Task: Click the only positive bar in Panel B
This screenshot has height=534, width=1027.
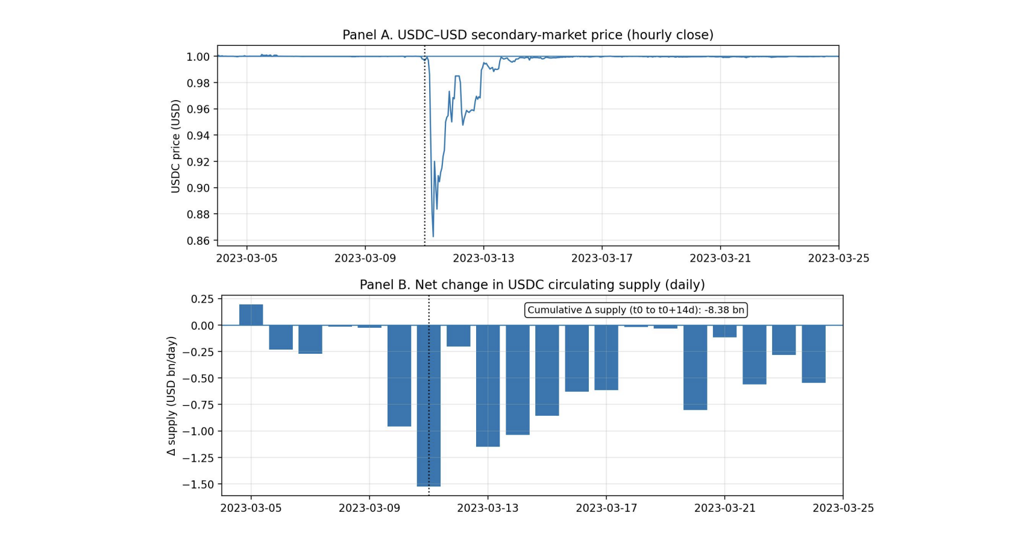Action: [251, 315]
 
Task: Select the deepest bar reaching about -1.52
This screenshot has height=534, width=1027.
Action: [429, 405]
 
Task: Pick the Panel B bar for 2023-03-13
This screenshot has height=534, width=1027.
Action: [488, 386]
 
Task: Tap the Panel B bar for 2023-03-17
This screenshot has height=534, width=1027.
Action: [606, 357]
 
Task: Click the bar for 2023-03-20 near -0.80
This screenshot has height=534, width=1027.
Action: [695, 368]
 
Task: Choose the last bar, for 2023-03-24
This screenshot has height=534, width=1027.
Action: [814, 354]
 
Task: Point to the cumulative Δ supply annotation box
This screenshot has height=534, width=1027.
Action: [636, 310]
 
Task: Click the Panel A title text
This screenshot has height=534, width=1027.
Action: [527, 35]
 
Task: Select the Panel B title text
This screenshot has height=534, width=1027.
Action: [532, 284]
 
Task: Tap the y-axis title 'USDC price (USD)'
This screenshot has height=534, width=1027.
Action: [175, 146]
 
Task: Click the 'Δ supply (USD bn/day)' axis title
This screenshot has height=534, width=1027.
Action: [172, 396]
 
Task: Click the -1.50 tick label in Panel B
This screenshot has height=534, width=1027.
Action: [198, 484]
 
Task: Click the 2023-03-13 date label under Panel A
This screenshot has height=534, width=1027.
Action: [483, 258]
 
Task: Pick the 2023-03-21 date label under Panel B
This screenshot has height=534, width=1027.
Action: [724, 508]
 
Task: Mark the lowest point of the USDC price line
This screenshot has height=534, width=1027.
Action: [433, 236]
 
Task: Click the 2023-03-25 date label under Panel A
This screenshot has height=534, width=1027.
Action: [838, 258]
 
